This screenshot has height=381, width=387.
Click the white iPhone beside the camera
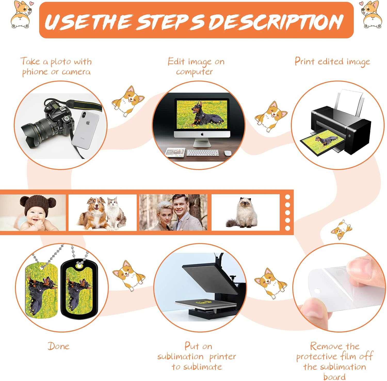tap(85, 130)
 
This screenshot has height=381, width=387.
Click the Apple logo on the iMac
tap(202, 134)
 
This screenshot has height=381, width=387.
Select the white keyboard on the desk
tap(203, 153)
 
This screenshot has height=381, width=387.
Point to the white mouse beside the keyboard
tap(227, 153)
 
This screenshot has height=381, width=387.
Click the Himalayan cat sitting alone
tap(242, 213)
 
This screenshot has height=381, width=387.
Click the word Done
tap(59, 346)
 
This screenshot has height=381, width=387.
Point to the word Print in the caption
tap(305, 61)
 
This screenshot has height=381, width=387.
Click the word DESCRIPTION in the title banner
tap(276, 21)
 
